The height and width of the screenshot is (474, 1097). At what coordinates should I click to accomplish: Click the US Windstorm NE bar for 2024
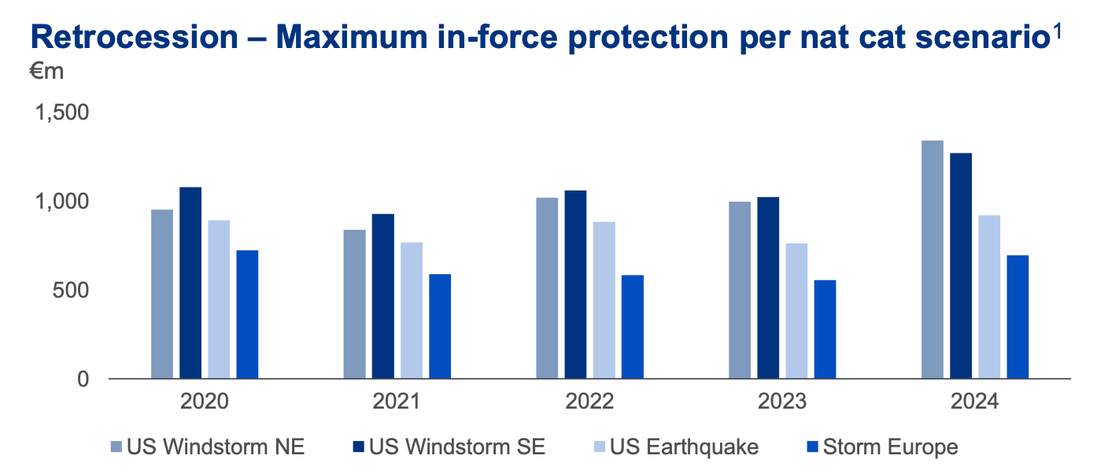(932, 260)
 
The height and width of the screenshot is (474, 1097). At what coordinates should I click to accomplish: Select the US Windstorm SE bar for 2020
(190, 283)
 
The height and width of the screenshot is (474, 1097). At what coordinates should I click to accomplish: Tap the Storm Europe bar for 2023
(825, 329)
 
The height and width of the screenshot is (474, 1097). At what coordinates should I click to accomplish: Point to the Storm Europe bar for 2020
(247, 315)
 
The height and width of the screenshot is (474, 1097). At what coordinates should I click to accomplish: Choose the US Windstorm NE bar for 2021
(355, 304)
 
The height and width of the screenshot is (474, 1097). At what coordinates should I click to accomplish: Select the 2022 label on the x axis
(589, 402)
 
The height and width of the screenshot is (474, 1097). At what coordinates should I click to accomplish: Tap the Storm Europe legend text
(891, 447)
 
